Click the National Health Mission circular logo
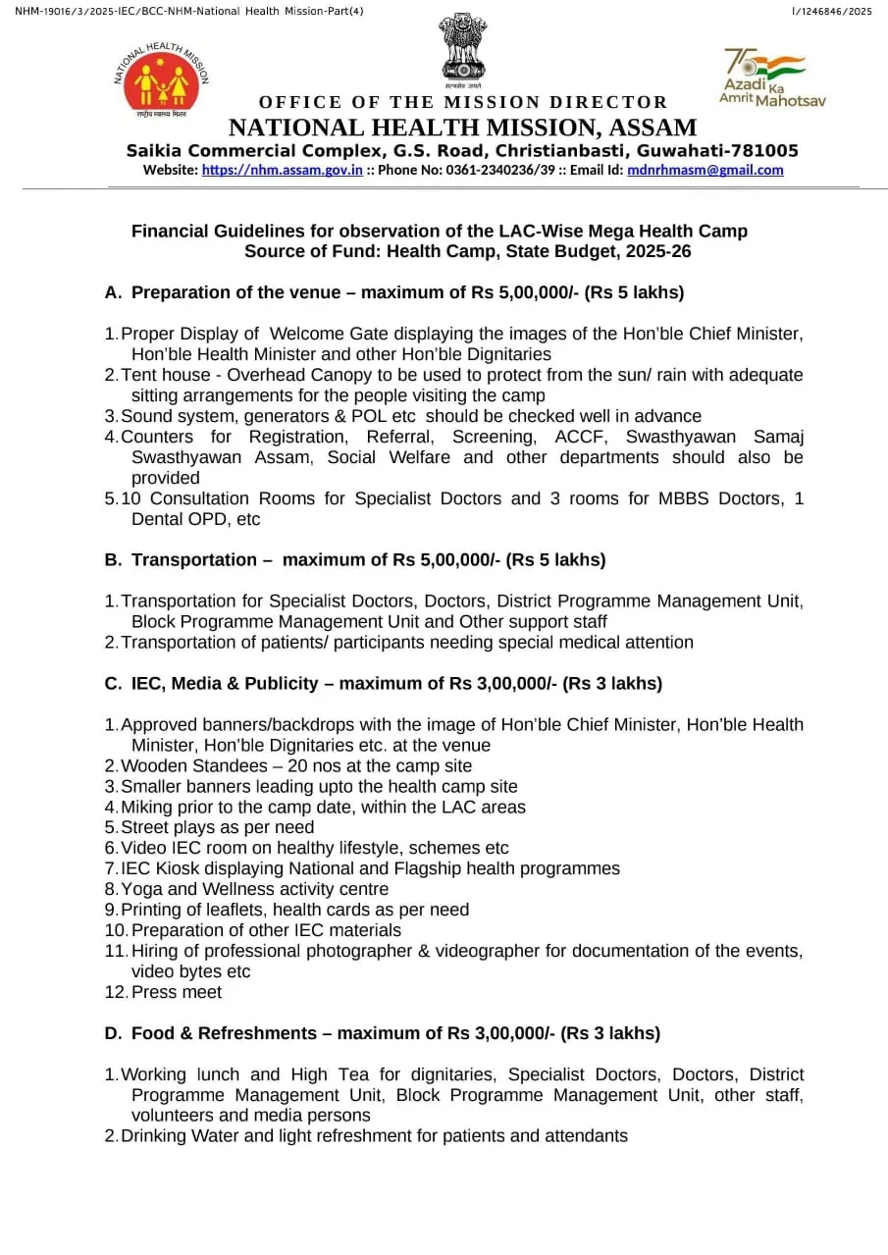[x=161, y=80]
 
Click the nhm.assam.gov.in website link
[x=282, y=170]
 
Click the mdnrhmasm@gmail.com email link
[x=705, y=170]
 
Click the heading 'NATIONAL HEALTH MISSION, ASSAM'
[x=462, y=128]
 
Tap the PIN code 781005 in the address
[x=766, y=150]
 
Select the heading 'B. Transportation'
[x=180, y=560]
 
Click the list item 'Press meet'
[x=177, y=992]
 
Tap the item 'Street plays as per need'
[x=217, y=827]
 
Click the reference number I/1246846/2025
[x=831, y=11]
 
